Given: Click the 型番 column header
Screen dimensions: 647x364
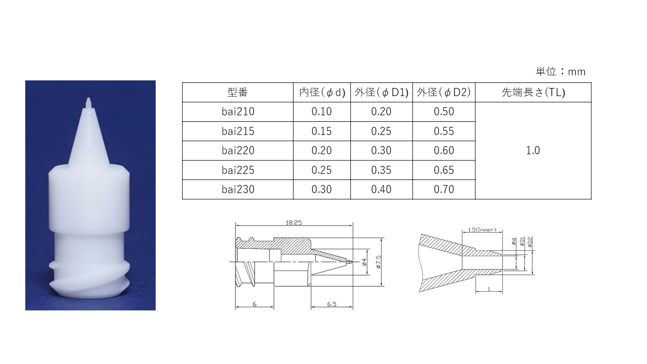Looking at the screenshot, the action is coord(238,93).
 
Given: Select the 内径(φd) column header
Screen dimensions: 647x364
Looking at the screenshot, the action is coord(322,93).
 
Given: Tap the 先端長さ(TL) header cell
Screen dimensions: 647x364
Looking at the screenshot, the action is coord(533,93).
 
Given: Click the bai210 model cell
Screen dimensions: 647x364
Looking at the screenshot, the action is coord(238,112).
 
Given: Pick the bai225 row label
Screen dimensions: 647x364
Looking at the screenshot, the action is coord(238,170).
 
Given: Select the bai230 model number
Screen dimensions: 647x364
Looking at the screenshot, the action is coord(238,190).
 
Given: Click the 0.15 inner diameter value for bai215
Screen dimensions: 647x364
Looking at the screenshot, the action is coord(321,131).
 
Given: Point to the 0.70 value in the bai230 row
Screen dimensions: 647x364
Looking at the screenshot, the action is coord(444,190).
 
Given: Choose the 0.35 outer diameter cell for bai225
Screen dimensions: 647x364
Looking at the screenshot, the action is coord(381,170).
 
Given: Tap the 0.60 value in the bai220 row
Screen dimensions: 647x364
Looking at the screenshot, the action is coord(444,151).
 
